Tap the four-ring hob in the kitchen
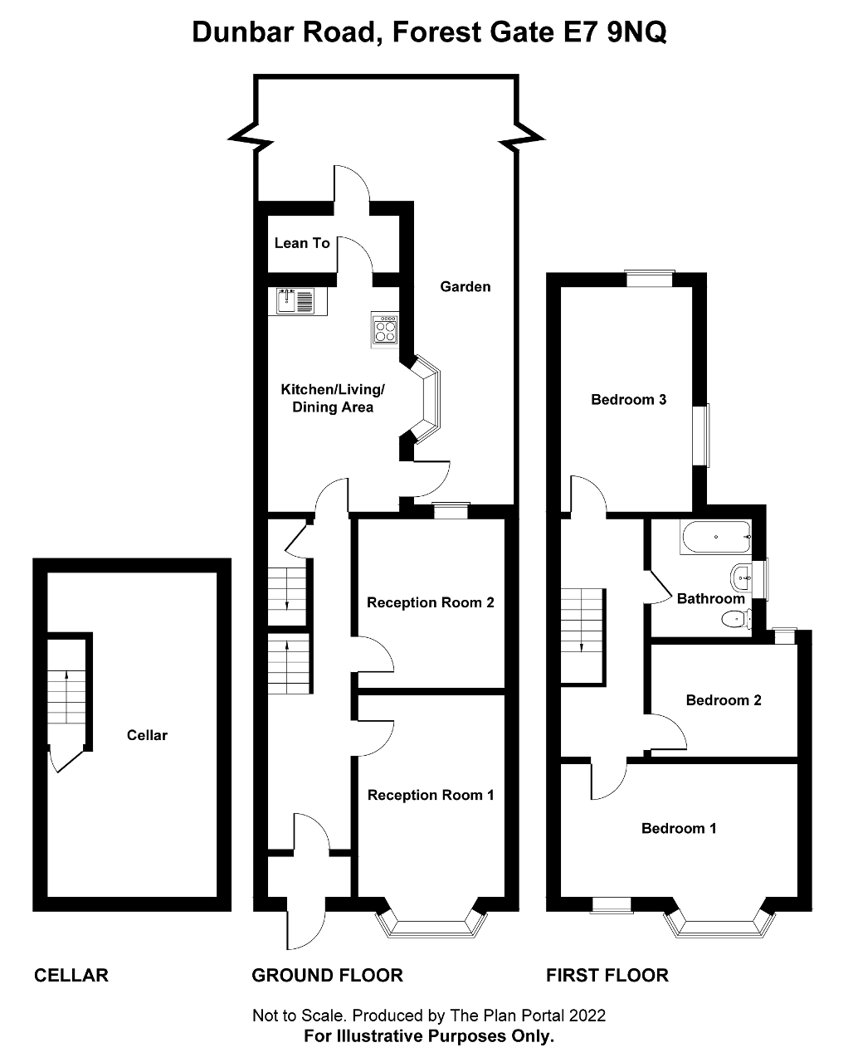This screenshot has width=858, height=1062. pyautogui.click(x=385, y=329)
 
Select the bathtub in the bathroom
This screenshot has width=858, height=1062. pyautogui.click(x=715, y=538)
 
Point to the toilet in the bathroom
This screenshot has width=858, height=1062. pyautogui.click(x=734, y=618)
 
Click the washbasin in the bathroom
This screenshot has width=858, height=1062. pyautogui.click(x=740, y=574)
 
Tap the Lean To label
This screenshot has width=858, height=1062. pyautogui.click(x=302, y=243)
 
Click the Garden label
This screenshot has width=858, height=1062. pyautogui.click(x=466, y=286)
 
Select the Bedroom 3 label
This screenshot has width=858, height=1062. pyautogui.click(x=628, y=400)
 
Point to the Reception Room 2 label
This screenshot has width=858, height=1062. pyautogui.click(x=431, y=602)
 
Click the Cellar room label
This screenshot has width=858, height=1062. pyautogui.click(x=147, y=735)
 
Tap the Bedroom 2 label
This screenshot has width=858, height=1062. pyautogui.click(x=724, y=700)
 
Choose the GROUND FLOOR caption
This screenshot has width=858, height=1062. pyautogui.click(x=327, y=976)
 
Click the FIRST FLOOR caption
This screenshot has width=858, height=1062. pyautogui.click(x=607, y=976)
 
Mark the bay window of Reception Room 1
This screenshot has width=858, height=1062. pyautogui.click(x=431, y=921)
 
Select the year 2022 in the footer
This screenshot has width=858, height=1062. pyautogui.click(x=588, y=1016)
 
